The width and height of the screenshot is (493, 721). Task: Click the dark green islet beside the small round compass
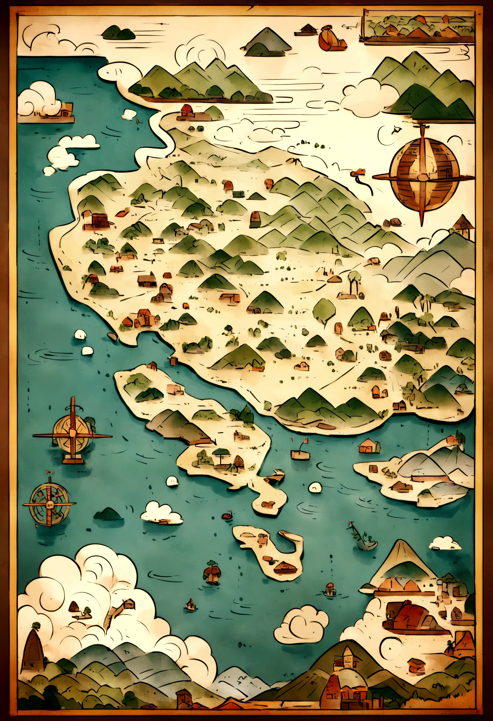pos(108,514)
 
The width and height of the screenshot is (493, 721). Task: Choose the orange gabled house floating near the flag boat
pos(368,446)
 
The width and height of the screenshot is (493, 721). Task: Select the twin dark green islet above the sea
pos(119,33)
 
